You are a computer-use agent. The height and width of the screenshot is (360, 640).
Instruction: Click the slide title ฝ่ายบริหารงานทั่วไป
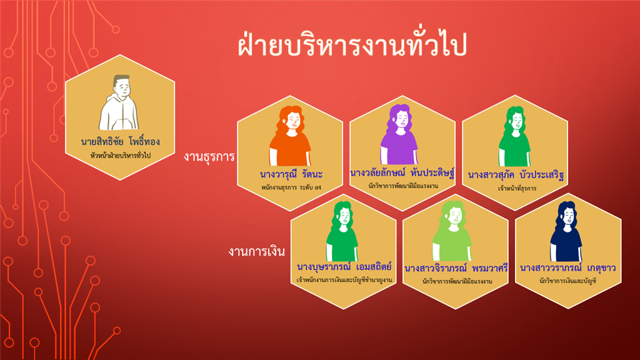[x=352, y=44]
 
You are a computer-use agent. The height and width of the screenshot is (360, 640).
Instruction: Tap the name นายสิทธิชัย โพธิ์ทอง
[x=121, y=141]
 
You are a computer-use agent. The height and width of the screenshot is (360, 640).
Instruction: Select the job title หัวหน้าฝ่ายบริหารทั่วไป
[x=121, y=156]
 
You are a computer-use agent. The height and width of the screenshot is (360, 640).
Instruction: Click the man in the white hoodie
[x=119, y=103]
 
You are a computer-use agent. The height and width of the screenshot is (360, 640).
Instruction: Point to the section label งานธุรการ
[x=209, y=156]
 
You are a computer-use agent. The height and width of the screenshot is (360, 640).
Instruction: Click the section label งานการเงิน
[x=256, y=251]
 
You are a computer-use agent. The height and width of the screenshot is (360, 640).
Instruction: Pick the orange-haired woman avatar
[x=290, y=136]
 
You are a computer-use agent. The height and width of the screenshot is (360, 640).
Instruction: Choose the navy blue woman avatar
[x=566, y=231]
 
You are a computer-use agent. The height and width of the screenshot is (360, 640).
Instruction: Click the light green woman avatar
[x=452, y=231]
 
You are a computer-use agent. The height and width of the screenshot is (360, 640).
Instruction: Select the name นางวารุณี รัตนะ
[x=291, y=174]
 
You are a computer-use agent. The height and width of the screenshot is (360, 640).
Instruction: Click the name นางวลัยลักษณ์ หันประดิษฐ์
[x=402, y=172]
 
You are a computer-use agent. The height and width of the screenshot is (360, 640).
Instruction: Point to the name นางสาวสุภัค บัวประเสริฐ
[x=516, y=175]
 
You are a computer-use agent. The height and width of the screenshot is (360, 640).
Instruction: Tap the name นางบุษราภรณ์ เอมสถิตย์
[x=344, y=267]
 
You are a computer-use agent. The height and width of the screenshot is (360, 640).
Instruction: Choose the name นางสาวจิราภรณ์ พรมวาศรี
[x=456, y=269]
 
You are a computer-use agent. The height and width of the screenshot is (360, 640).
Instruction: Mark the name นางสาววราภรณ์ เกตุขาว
[x=567, y=267]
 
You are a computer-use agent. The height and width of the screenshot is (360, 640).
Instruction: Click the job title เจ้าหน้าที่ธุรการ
[x=517, y=188]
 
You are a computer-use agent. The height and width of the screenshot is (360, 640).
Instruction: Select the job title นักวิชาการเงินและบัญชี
[x=567, y=281]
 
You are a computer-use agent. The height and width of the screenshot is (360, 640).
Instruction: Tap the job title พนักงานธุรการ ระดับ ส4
[x=291, y=187]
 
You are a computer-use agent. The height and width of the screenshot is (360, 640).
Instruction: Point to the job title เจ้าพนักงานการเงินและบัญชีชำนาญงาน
[x=344, y=280]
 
